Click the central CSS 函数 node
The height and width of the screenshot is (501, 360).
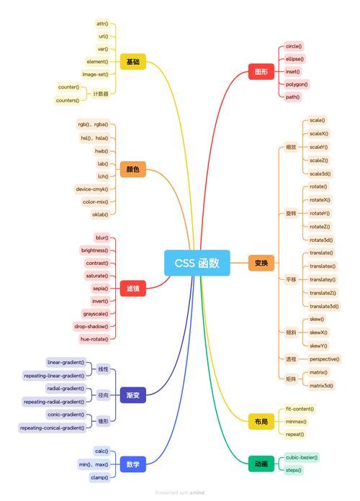click(x=197, y=263)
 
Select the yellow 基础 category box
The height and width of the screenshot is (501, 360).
click(x=133, y=62)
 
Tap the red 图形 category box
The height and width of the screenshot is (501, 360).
click(x=261, y=71)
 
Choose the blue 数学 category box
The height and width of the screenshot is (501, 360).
click(x=133, y=464)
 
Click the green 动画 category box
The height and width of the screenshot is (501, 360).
click(x=261, y=464)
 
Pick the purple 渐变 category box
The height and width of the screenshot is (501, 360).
click(x=133, y=395)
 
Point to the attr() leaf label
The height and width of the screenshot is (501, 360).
click(x=103, y=24)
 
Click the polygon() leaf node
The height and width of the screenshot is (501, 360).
click(x=297, y=84)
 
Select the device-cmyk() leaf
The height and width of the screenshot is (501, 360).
click(x=92, y=189)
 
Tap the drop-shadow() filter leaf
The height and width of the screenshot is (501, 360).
click(x=91, y=327)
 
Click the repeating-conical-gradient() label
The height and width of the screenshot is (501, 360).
click(x=53, y=428)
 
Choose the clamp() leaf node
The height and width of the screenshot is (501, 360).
click(x=100, y=478)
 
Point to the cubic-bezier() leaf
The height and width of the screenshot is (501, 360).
click(x=302, y=458)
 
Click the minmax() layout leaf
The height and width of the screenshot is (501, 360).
click(x=296, y=422)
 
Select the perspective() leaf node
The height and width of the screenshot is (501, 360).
click(x=325, y=359)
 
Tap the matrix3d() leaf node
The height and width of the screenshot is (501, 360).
click(x=321, y=386)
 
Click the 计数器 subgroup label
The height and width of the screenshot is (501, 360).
click(x=101, y=94)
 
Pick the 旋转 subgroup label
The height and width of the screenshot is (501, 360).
click(x=291, y=213)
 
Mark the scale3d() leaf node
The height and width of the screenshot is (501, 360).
click(x=320, y=173)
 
